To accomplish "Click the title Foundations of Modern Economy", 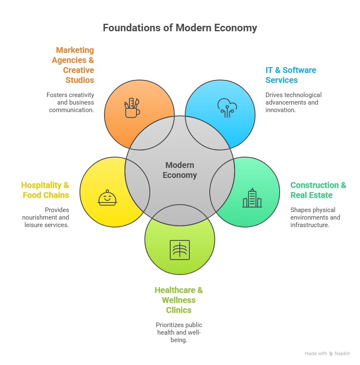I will tap(180, 28).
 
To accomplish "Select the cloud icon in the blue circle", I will tap(227, 107).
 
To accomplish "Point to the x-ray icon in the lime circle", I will tap(180, 250).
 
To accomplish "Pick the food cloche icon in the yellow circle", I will tap(107, 198).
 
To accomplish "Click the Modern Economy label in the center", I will tap(180, 170).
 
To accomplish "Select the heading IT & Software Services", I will tap(290, 75).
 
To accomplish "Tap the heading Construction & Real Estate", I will tap(318, 190).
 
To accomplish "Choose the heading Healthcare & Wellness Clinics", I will tap(179, 300).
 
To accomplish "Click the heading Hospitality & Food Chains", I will tap(45, 190).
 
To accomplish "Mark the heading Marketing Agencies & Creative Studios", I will tap(74, 65).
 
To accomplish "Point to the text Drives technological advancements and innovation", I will tap(293, 102).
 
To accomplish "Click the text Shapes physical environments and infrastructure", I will tap(315, 217).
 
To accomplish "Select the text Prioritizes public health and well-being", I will tap(179, 332).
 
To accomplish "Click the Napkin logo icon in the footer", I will tap(331, 353).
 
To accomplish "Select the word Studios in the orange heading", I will tap(79, 80).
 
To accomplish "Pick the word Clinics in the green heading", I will tap(179, 310).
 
